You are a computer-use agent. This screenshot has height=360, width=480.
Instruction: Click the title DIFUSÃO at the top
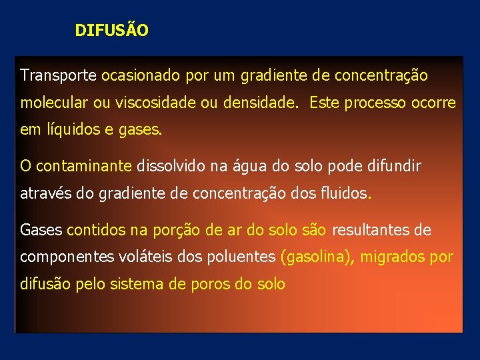[112, 31]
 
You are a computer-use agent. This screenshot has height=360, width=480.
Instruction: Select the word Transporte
[59, 75]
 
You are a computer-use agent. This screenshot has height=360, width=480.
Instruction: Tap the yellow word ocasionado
[141, 75]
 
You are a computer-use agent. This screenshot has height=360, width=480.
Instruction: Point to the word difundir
[393, 166]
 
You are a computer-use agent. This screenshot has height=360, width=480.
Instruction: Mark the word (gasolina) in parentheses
[317, 257]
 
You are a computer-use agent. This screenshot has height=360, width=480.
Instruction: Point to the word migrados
[394, 257]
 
